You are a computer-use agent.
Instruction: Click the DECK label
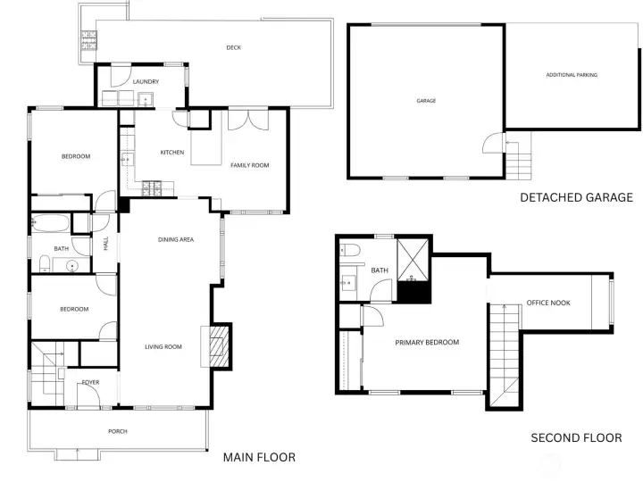pos(233,48)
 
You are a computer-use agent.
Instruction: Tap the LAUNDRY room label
pos(146,82)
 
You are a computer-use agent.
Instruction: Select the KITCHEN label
pos(172,153)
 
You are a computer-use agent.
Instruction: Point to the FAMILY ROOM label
pos(249,165)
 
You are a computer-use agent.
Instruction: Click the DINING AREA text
pos(176,239)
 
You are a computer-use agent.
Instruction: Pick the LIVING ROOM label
pos(163,347)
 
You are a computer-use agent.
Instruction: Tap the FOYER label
pos(90,382)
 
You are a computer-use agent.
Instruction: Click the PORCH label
pos(118,431)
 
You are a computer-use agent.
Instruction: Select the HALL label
pos(106,243)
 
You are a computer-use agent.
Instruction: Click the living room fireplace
pos(219,345)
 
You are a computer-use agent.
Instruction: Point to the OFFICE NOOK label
pos(547,303)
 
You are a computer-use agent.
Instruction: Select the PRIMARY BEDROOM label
pos(427,343)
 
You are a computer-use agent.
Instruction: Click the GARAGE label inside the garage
pos(426,101)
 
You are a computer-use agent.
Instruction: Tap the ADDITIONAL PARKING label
pos(572,75)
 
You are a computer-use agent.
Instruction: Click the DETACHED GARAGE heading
pos(576,197)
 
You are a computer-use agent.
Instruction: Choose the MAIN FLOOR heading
pos(258,457)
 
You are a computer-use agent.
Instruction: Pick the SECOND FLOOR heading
pos(576,437)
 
